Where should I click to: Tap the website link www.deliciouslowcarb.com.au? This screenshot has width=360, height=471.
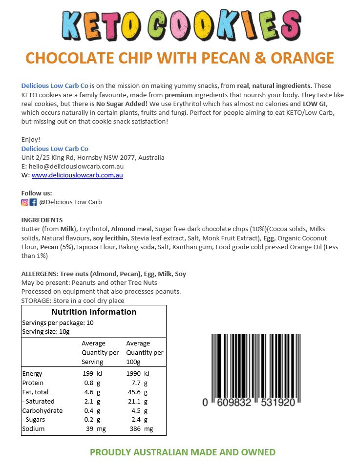pos(77,175)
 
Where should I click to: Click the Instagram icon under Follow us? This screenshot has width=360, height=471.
pos(25,202)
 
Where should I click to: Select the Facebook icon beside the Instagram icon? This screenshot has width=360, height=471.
pos(33,202)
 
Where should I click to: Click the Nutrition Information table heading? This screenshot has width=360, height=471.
pos(94,312)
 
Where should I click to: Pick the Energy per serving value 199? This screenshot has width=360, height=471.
pos(88,374)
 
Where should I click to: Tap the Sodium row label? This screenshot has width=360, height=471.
pos(33,429)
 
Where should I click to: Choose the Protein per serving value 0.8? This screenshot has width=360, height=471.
pos(89,383)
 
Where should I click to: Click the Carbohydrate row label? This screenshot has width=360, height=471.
pos(42,411)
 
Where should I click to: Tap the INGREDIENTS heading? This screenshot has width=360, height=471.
pos(42,220)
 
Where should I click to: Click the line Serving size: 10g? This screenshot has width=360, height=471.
pos(46,332)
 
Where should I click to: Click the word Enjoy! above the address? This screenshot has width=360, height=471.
pos(31,139)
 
